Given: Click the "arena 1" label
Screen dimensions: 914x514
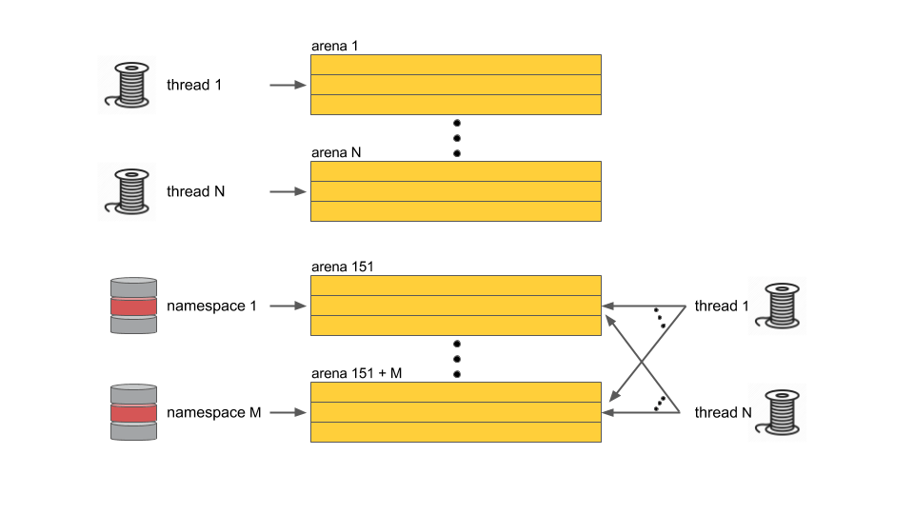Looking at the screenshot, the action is click(334, 46).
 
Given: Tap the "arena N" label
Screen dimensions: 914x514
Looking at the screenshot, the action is click(336, 152).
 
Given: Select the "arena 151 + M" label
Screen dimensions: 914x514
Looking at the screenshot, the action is click(356, 373).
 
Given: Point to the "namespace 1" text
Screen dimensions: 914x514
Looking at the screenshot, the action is click(211, 306).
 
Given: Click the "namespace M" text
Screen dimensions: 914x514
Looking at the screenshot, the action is click(214, 412).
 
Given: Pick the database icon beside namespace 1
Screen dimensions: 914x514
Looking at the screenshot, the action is click(133, 306).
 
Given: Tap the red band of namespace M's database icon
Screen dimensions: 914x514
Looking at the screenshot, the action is click(133, 413).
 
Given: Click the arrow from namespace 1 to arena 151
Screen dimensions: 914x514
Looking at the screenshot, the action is click(288, 306).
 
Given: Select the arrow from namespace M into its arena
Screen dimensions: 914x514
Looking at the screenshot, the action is click(288, 412).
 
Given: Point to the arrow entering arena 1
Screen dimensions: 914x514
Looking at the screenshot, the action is click(288, 85).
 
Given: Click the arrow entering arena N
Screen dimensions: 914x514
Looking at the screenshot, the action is click(288, 191).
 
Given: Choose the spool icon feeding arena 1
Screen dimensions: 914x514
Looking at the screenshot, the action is click(127, 85).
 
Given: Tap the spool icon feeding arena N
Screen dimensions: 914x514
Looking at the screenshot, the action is click(127, 191).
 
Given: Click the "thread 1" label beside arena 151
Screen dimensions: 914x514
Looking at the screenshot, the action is click(722, 306).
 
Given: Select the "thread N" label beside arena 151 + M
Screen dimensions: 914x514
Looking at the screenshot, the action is click(723, 412).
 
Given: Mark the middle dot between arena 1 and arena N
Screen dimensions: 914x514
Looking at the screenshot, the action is click(457, 138).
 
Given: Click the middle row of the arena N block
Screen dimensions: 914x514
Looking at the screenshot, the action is click(456, 191).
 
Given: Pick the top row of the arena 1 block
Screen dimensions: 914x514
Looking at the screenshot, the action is click(456, 65).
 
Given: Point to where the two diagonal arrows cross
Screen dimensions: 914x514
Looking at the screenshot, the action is click(642, 363).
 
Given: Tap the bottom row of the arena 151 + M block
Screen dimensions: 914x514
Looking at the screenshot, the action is click(456, 432).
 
